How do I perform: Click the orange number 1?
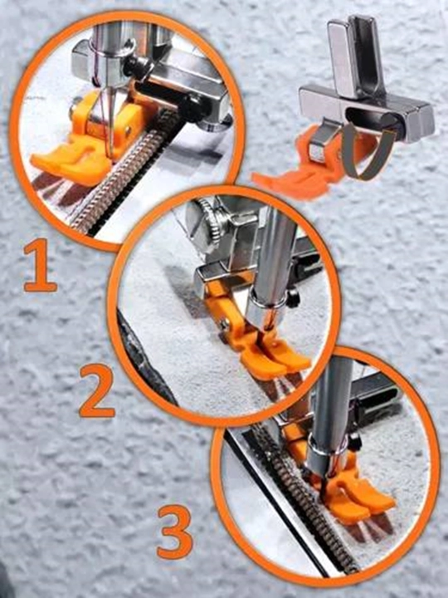(41, 266)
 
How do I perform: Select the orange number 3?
(175, 532)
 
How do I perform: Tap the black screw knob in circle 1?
(134, 66)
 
